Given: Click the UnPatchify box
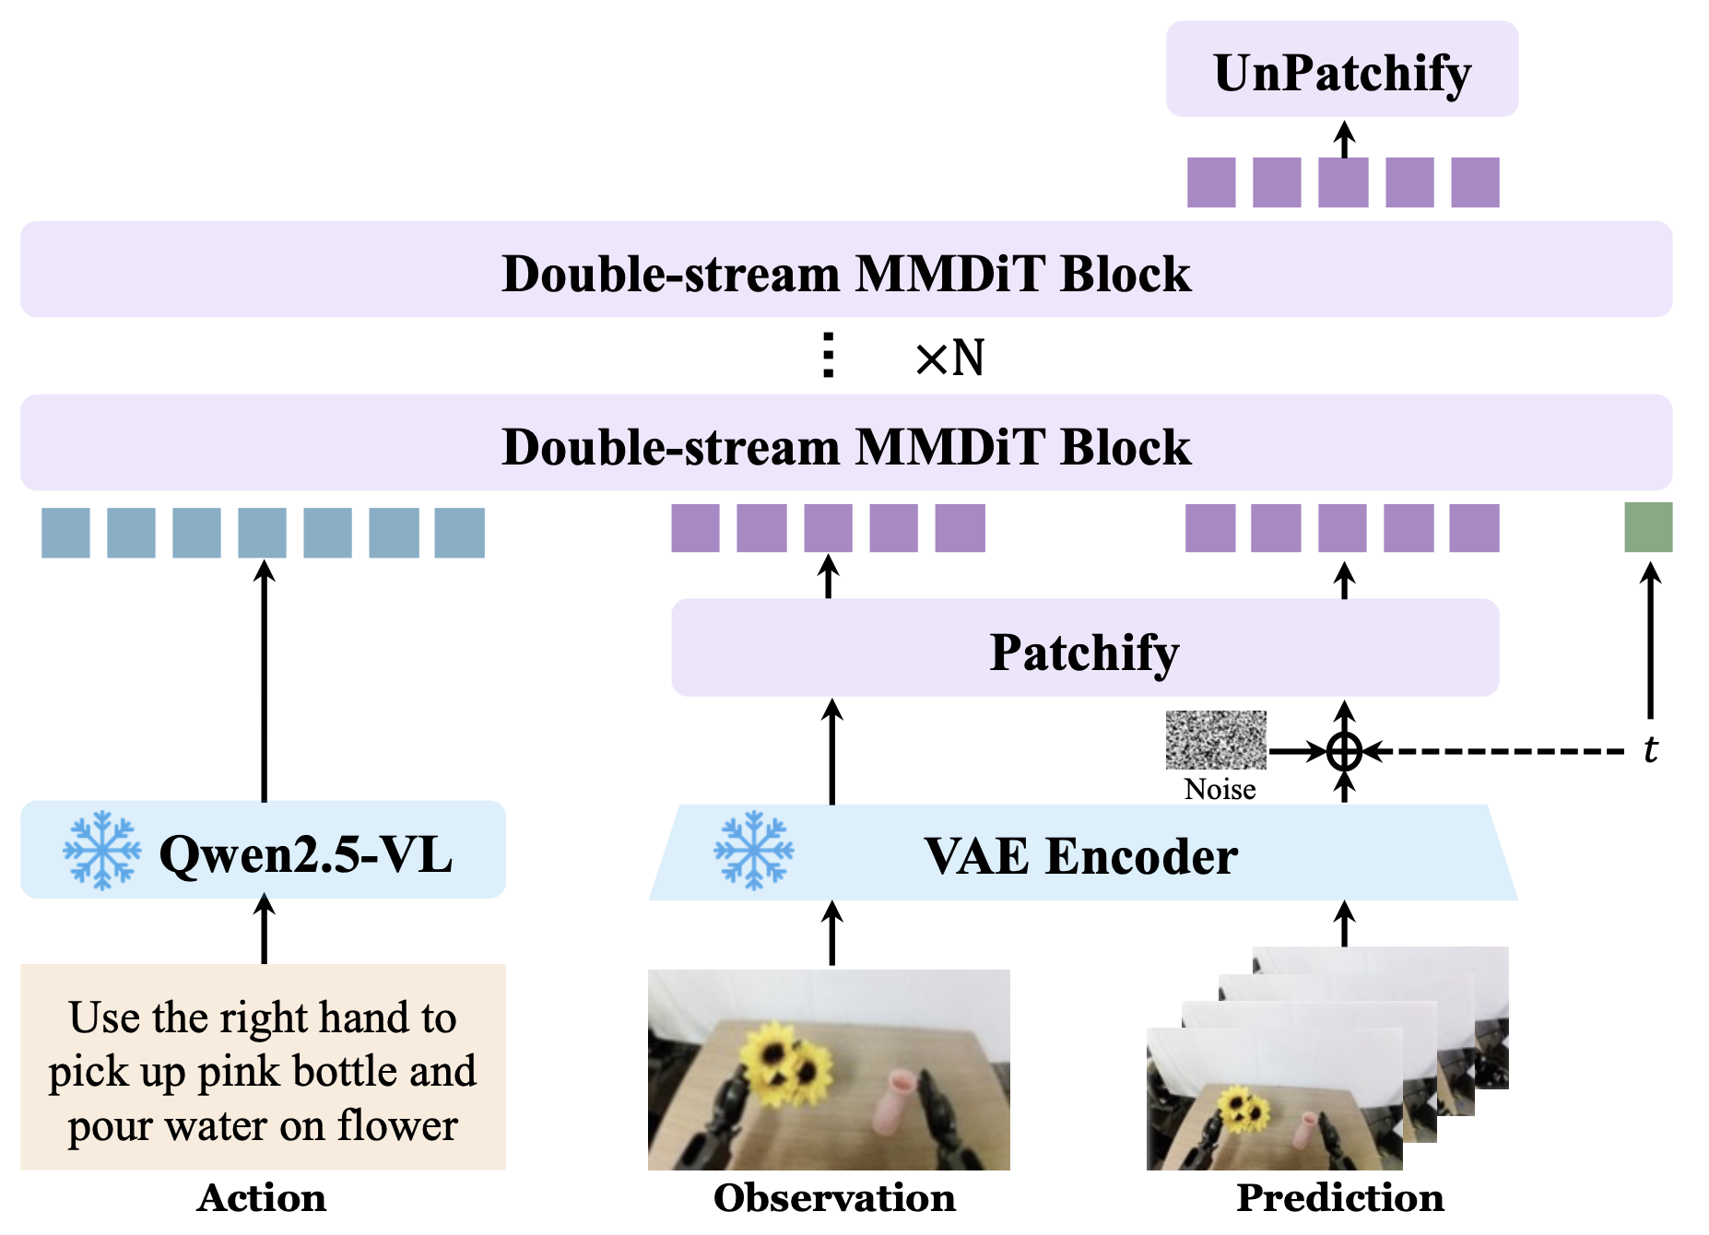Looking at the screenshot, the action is [x=1341, y=69].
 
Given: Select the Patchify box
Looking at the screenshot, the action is [x=1085, y=647].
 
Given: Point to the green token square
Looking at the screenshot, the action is [x=1648, y=527].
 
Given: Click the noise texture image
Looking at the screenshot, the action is [x=1216, y=740].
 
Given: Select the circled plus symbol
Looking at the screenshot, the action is [x=1345, y=751].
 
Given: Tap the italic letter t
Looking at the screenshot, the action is [x=1651, y=749].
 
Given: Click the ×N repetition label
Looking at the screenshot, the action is [x=949, y=358].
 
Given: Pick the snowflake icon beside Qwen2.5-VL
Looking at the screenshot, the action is [x=102, y=850].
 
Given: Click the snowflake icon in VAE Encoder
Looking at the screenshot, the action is [x=754, y=850].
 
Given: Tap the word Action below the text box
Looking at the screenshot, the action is [x=262, y=1197].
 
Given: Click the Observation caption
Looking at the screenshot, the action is [x=834, y=1197].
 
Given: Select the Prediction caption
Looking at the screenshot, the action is [x=1340, y=1197].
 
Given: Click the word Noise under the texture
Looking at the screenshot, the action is [x=1220, y=789].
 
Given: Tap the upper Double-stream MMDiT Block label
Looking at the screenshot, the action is [x=846, y=273].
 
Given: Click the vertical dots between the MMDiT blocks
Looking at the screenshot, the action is [x=829, y=355].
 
